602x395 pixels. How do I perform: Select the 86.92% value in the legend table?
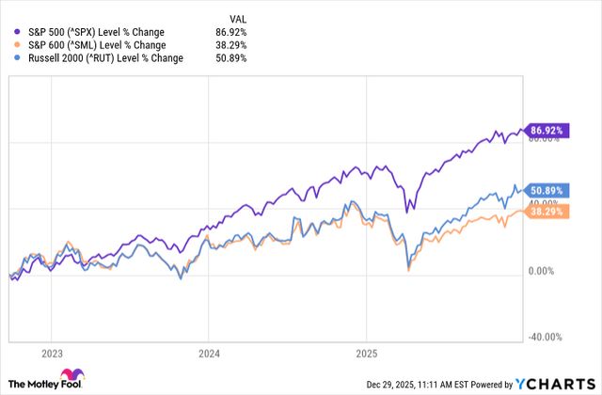point(235,31)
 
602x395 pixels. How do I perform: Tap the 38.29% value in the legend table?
point(235,44)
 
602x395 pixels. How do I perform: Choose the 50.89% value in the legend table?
point(235,57)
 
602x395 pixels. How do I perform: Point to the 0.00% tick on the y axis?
point(548,271)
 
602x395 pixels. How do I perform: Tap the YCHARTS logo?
point(552,384)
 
